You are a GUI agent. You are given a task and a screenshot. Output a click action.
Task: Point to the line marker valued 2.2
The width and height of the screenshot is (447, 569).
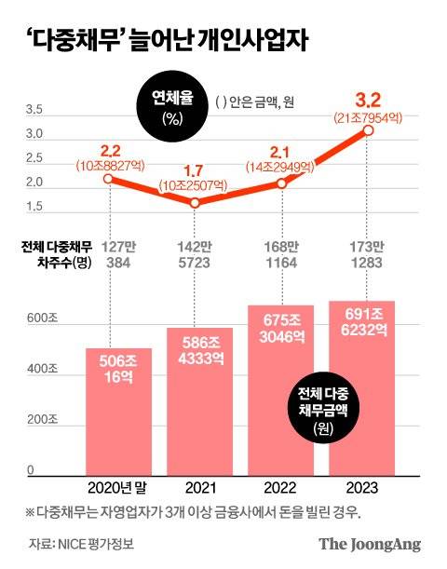110,178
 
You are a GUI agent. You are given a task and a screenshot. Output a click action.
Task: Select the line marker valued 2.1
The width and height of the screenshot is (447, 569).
280,183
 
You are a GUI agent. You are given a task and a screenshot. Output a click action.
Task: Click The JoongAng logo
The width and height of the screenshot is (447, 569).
371,544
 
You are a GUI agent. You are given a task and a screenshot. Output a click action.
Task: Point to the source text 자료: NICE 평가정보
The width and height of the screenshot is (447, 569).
81,544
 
